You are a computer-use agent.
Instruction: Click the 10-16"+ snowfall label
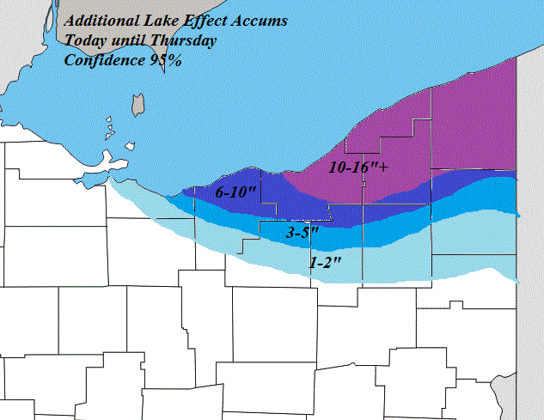(358, 167)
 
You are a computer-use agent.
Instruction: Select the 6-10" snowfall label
(236, 193)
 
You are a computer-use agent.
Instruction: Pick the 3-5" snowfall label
(303, 232)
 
